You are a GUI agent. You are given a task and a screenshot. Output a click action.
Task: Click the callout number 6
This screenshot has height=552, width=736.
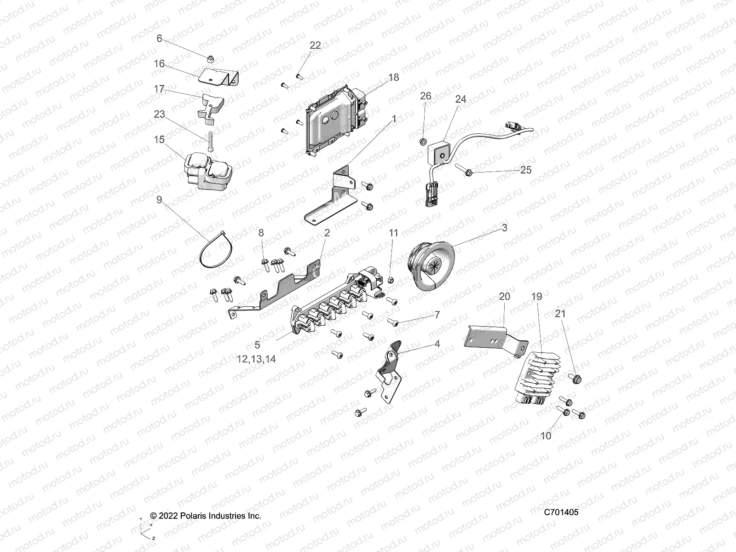click(x=159, y=39)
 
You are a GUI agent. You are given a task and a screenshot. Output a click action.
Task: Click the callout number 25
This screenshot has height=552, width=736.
click(x=525, y=170)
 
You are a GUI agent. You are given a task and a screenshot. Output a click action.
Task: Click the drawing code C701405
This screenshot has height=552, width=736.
click(x=561, y=512)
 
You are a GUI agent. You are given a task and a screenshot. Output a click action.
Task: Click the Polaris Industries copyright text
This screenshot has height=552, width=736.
click(x=206, y=516)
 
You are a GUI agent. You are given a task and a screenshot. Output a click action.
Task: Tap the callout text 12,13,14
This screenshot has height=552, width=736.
click(x=256, y=359)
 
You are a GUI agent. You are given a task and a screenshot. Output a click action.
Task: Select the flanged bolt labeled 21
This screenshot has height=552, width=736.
click(x=575, y=379)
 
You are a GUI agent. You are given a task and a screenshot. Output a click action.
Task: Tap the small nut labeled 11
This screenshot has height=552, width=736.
click(x=390, y=279)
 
